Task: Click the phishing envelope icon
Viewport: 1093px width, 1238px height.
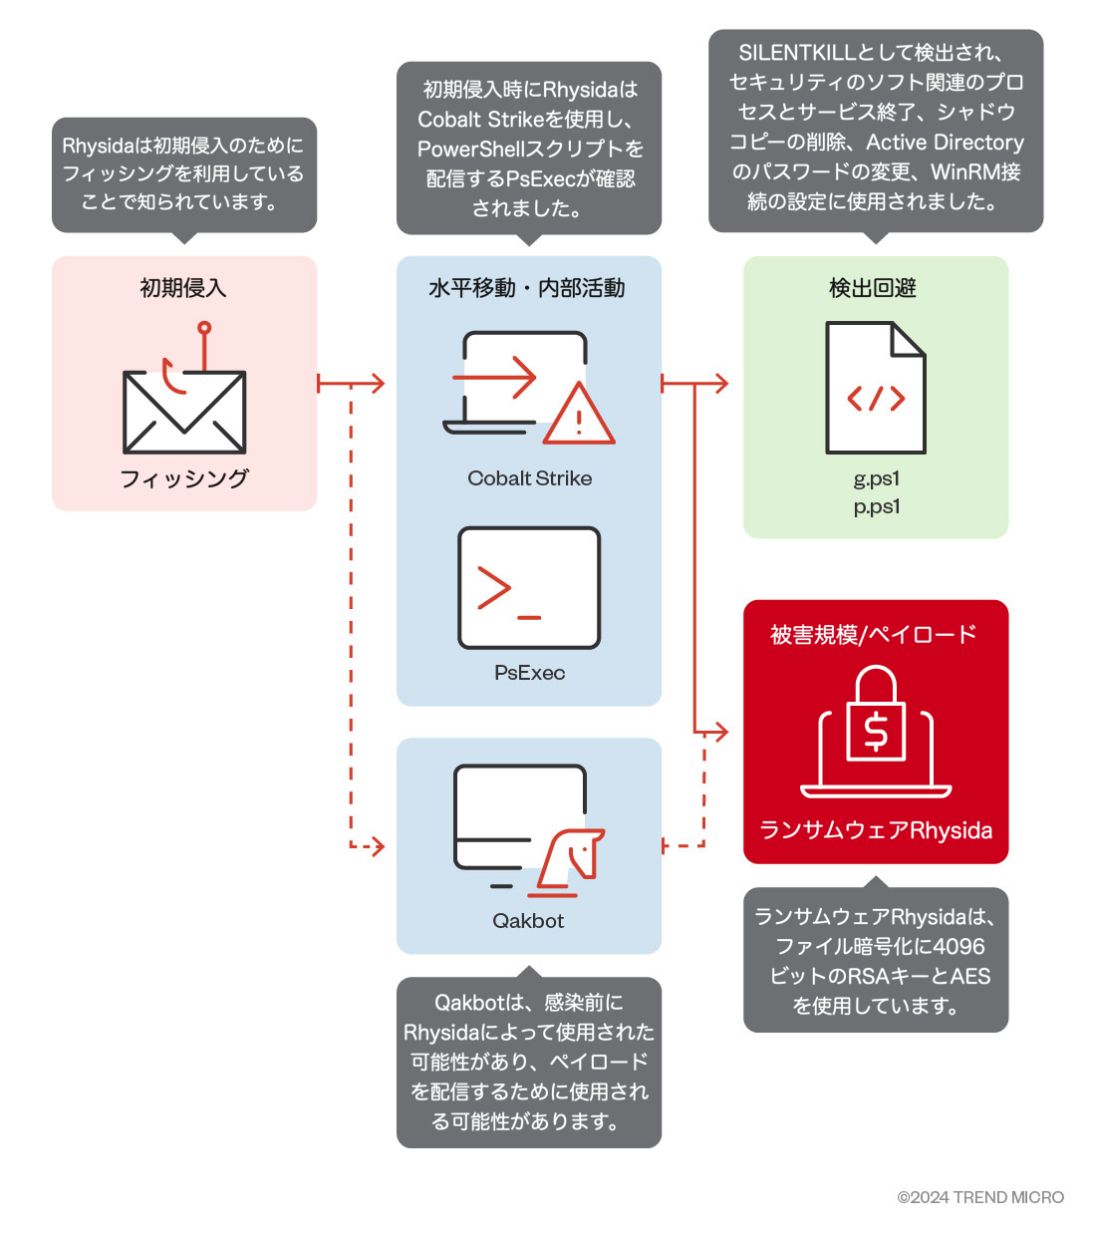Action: tap(184, 412)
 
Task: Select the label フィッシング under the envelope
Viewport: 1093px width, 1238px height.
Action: tap(184, 478)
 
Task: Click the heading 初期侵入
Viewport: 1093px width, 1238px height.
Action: tap(183, 288)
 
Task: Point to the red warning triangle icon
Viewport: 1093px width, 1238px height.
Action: tap(579, 417)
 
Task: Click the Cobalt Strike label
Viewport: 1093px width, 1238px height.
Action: tap(529, 478)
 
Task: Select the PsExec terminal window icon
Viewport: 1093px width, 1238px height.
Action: tap(529, 588)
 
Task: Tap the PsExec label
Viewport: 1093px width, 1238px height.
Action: tap(529, 673)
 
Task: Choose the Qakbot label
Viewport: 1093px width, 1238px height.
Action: tap(528, 921)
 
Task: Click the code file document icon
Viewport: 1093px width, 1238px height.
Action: tap(876, 388)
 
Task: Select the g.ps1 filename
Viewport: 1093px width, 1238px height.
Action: tap(876, 478)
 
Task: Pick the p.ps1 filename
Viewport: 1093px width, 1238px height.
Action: tap(876, 506)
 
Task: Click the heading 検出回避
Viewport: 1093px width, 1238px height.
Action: tap(873, 288)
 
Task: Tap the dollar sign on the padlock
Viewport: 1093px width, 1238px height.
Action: tap(876, 731)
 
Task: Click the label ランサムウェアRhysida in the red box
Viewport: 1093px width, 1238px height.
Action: tap(876, 830)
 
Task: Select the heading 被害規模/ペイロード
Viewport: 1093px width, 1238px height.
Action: tap(873, 634)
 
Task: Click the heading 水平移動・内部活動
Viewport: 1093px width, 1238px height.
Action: tap(527, 288)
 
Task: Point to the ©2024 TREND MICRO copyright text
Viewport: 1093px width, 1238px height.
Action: tap(980, 1197)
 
